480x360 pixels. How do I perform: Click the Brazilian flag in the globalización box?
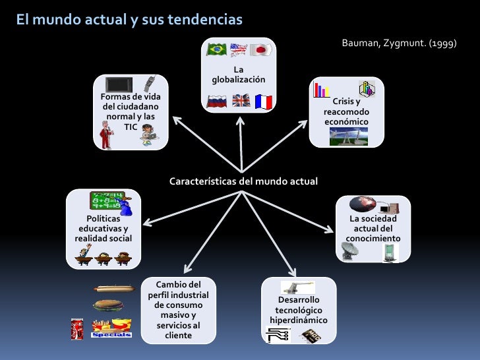pos(216,50)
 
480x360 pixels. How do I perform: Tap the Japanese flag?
pos(262,50)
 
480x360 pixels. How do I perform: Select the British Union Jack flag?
pos(241,101)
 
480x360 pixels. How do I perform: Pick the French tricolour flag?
pos(263,101)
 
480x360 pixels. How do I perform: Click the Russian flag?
pos(216,101)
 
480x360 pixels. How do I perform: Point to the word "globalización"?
pos(239,80)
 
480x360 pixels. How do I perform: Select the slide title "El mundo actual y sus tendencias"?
pos(130,20)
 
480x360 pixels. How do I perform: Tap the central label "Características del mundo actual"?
pos(243,181)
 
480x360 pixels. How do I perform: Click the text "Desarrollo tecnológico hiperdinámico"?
pos(299,310)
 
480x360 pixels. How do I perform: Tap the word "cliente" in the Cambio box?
pos(178,335)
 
